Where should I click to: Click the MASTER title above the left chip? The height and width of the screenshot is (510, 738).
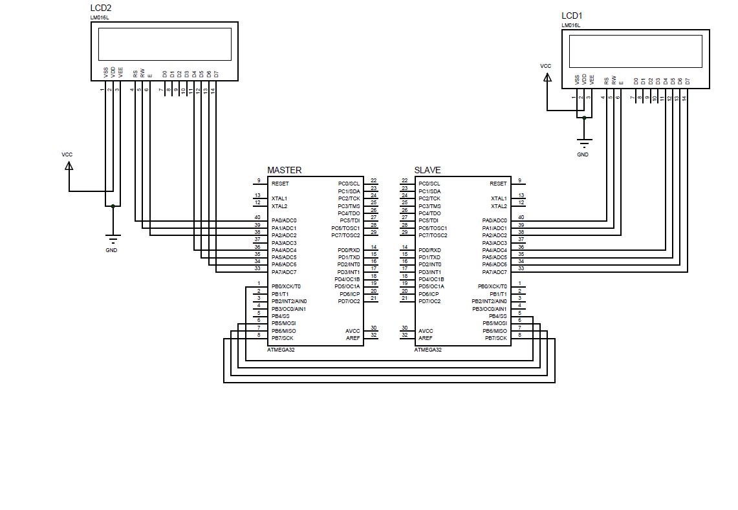pyautogui.click(x=285, y=170)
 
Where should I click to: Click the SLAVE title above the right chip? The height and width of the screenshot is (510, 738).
pyautogui.click(x=428, y=170)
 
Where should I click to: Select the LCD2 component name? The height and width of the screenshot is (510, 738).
pyautogui.click(x=101, y=8)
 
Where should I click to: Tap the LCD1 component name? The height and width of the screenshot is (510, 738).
pyautogui.click(x=572, y=16)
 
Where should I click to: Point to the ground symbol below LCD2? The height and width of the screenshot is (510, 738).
pyautogui.click(x=113, y=239)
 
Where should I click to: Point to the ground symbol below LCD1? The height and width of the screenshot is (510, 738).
pyautogui.click(x=584, y=143)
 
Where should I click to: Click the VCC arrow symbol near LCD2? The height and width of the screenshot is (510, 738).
pyautogui.click(x=69, y=166)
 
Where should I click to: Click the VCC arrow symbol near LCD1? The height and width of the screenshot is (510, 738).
pyautogui.click(x=547, y=78)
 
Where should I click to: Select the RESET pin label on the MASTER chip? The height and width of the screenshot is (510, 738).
pyautogui.click(x=280, y=184)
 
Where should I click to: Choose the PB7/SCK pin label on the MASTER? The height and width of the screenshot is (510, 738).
pyautogui.click(x=283, y=338)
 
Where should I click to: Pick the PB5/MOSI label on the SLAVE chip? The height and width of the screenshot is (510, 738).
pyautogui.click(x=495, y=323)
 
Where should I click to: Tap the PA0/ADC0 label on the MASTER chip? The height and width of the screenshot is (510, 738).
pyautogui.click(x=284, y=220)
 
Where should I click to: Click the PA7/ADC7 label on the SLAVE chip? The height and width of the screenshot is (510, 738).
pyautogui.click(x=495, y=272)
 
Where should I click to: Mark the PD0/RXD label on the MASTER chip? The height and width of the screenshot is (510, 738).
pyautogui.click(x=349, y=250)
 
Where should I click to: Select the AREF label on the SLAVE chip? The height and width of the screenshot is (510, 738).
pyautogui.click(x=426, y=338)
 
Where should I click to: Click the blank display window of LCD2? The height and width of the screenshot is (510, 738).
pyautogui.click(x=165, y=44)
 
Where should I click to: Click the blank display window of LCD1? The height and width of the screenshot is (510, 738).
pyautogui.click(x=636, y=52)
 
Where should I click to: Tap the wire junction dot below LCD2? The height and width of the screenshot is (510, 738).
pyautogui.click(x=113, y=206)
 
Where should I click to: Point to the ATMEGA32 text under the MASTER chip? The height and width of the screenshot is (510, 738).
pyautogui.click(x=281, y=350)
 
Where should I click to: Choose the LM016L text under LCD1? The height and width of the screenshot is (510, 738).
pyautogui.click(x=571, y=25)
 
